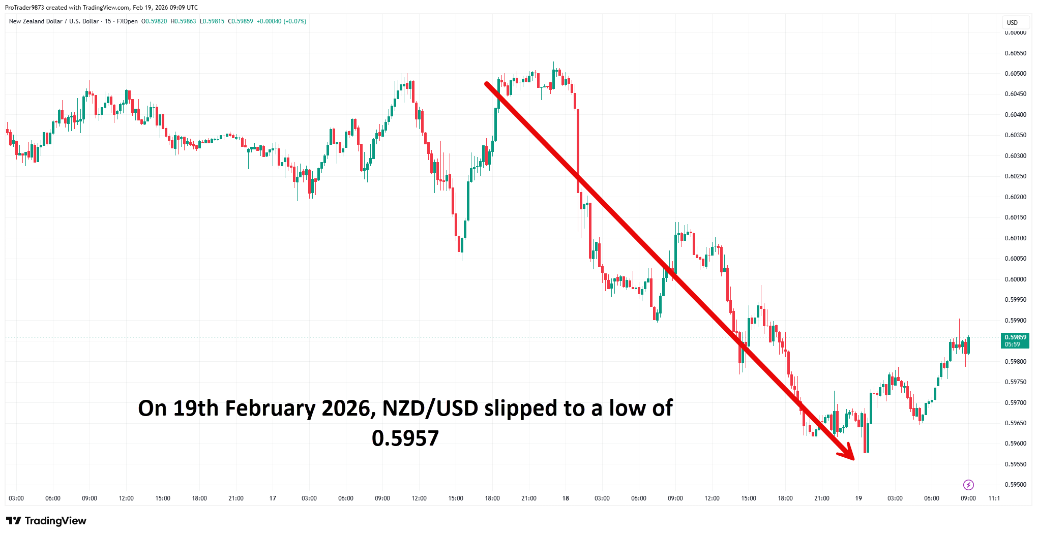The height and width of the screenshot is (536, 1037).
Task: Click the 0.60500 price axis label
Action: (1015, 74)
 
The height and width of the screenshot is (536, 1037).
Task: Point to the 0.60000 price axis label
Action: (1015, 279)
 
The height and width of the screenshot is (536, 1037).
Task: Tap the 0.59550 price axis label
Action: (1015, 464)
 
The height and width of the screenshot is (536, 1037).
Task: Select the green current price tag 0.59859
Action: (1015, 340)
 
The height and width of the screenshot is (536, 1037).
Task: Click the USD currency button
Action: (1012, 23)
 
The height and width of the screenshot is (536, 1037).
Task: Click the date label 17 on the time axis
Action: (273, 498)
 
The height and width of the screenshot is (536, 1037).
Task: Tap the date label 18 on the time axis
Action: (566, 498)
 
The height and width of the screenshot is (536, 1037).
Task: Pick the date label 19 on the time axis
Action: (858, 498)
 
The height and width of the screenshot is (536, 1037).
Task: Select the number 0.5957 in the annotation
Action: (405, 438)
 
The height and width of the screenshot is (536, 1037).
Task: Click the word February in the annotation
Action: (270, 408)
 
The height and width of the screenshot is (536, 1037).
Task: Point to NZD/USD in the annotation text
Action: (430, 408)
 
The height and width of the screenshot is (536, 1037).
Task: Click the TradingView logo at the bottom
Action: (46, 521)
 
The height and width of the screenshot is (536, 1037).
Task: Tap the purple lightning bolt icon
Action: (968, 485)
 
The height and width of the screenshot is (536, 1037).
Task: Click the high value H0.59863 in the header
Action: (183, 21)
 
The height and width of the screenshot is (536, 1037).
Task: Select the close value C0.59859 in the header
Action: (240, 21)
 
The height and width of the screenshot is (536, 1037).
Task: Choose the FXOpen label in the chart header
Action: (127, 21)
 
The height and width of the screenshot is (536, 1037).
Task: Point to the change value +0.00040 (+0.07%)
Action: (281, 21)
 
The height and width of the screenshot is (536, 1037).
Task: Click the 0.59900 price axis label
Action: (1015, 321)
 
